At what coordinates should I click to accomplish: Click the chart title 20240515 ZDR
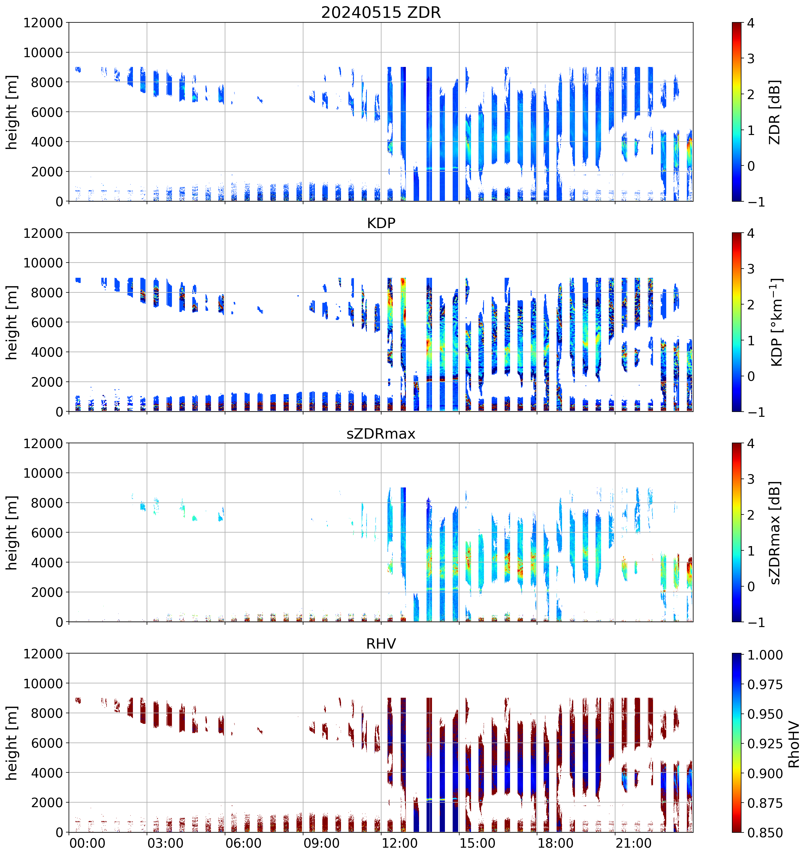pyautogui.click(x=381, y=12)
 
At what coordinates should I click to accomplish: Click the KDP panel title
pyautogui.click(x=381, y=223)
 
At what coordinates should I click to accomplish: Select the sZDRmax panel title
pyautogui.click(x=381, y=433)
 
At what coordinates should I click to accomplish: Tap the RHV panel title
pyautogui.click(x=381, y=644)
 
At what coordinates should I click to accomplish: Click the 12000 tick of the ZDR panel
pyautogui.click(x=43, y=23)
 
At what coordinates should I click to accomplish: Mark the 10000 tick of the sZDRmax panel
pyautogui.click(x=43, y=473)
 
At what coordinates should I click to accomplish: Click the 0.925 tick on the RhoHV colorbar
pyautogui.click(x=765, y=744)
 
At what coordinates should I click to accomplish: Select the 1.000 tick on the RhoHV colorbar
pyautogui.click(x=765, y=655)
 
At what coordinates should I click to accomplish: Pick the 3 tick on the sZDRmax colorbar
pyautogui.click(x=751, y=479)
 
